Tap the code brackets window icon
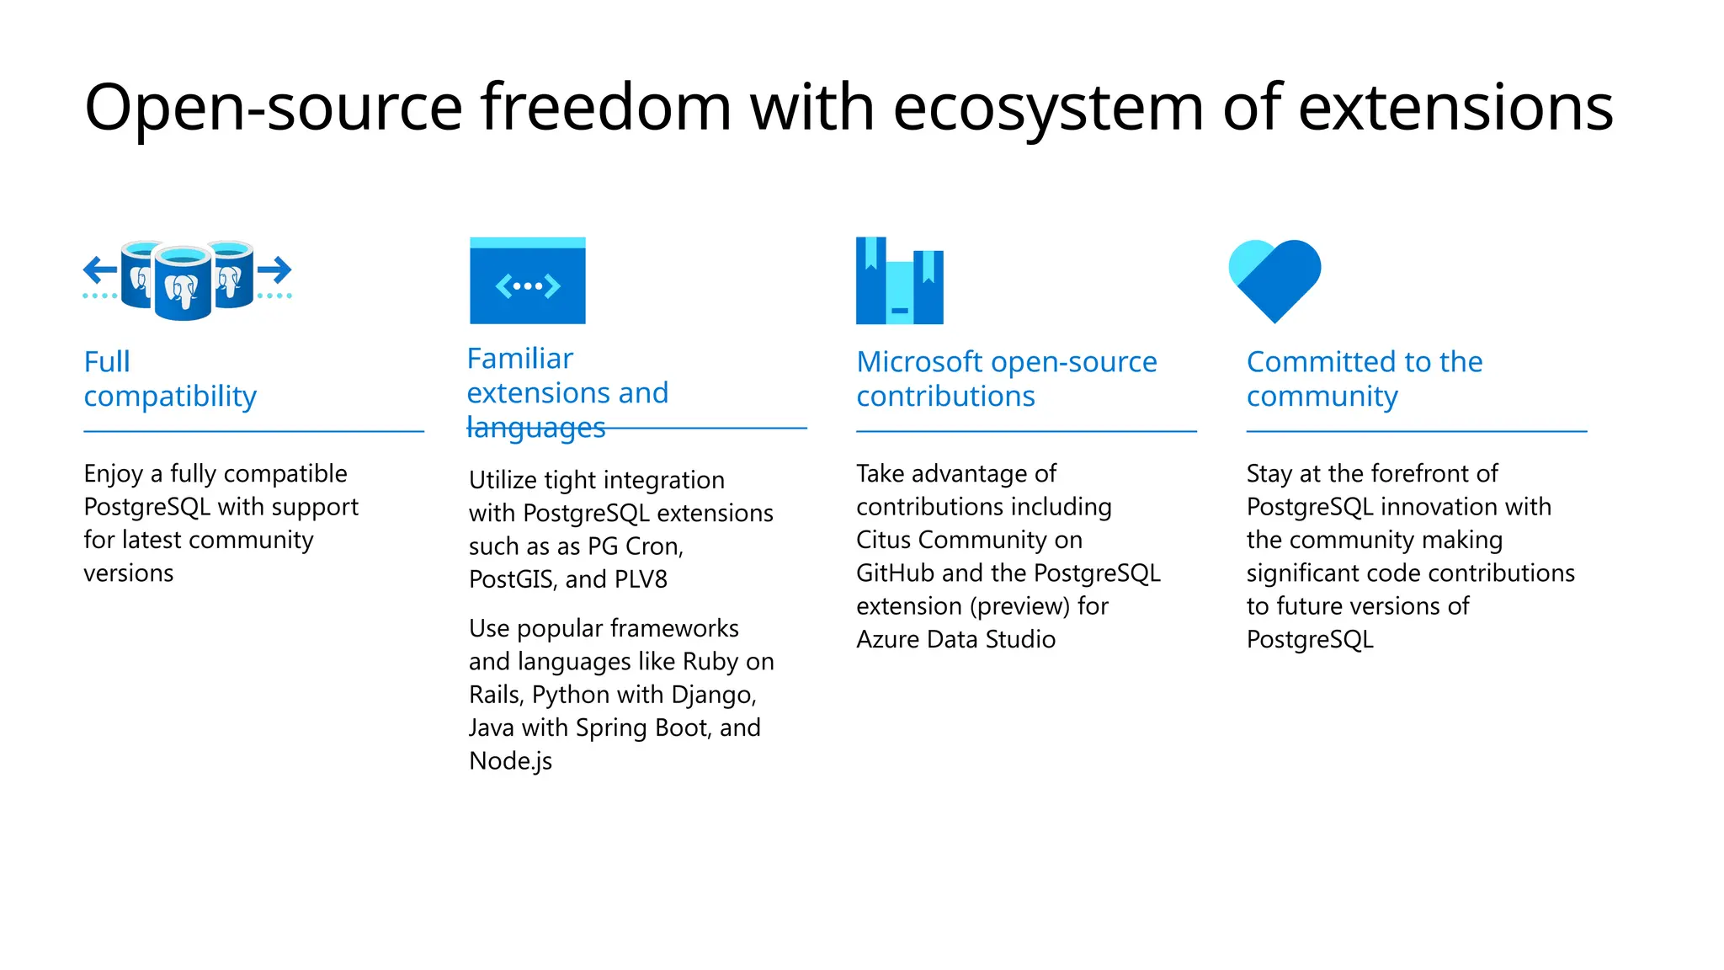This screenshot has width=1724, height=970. (528, 281)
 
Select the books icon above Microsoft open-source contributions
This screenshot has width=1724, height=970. (899, 281)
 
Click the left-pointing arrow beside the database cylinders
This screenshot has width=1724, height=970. (101, 270)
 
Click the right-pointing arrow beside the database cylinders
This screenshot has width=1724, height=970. (274, 270)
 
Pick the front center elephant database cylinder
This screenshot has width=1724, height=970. (183, 284)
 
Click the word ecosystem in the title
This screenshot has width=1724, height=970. (1048, 108)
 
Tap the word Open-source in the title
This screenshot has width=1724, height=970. (274, 108)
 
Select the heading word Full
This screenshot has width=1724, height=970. (107, 362)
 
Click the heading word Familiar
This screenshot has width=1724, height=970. (520, 359)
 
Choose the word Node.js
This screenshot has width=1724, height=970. (511, 761)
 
